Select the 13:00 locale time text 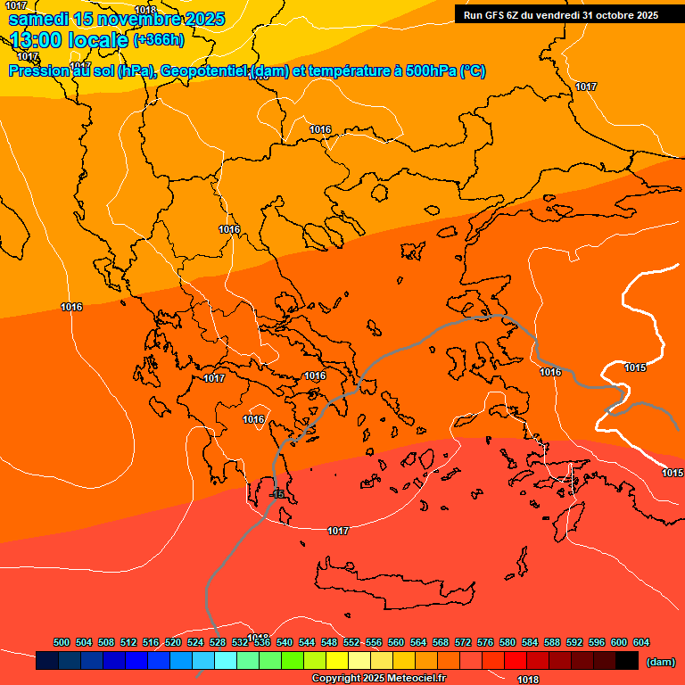pos(69,40)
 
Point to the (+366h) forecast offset pos(159,40)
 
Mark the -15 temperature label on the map pos(276,494)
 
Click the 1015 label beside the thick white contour pos(635,367)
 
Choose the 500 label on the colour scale pos(62,642)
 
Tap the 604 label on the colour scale pos(640,642)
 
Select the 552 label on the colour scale pos(351,642)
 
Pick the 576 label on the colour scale pos(485,642)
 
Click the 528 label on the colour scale pos(218,642)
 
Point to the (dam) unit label pos(660,662)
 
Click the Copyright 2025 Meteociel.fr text pos(377,679)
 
